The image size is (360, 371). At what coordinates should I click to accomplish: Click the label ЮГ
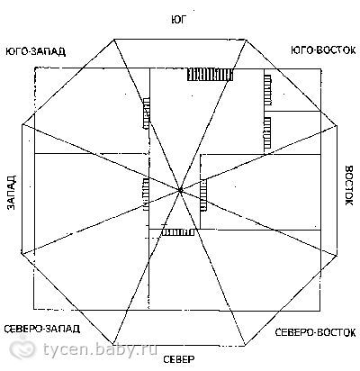coord(179,20)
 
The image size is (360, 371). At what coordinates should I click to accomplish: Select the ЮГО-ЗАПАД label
coord(36,51)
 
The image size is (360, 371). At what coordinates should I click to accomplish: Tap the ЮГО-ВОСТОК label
coord(323,50)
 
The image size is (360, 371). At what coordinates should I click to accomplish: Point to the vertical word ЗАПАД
coord(12,193)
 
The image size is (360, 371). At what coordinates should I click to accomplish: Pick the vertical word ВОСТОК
coord(349,185)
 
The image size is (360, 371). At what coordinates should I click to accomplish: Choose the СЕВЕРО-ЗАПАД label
coord(42,329)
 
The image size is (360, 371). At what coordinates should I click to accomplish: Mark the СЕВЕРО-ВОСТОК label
coord(315,332)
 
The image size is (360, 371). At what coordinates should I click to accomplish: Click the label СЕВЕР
coord(179,359)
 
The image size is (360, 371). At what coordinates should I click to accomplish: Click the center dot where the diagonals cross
coord(180,190)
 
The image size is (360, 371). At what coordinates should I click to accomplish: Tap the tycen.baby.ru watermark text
coord(100,349)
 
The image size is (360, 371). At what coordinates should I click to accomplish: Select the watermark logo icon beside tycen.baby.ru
coord(22,348)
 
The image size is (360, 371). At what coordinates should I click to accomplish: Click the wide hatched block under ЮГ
coord(210,75)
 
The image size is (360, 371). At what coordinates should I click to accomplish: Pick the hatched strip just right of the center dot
coord(203,195)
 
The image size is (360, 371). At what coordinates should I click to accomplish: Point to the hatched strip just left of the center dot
coord(145,194)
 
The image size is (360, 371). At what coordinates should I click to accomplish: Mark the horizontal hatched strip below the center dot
coord(178,232)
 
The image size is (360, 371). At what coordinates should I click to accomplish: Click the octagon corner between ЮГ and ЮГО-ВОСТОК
coord(246,40)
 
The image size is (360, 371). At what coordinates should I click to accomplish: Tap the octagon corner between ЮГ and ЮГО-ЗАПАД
coord(114,40)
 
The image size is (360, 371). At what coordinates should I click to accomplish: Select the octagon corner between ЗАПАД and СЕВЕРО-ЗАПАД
coord(22,254)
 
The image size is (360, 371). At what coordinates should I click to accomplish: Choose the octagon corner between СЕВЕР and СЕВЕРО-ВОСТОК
coord(245,346)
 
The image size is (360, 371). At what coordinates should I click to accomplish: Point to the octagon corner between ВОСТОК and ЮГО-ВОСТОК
coord(337,125)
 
